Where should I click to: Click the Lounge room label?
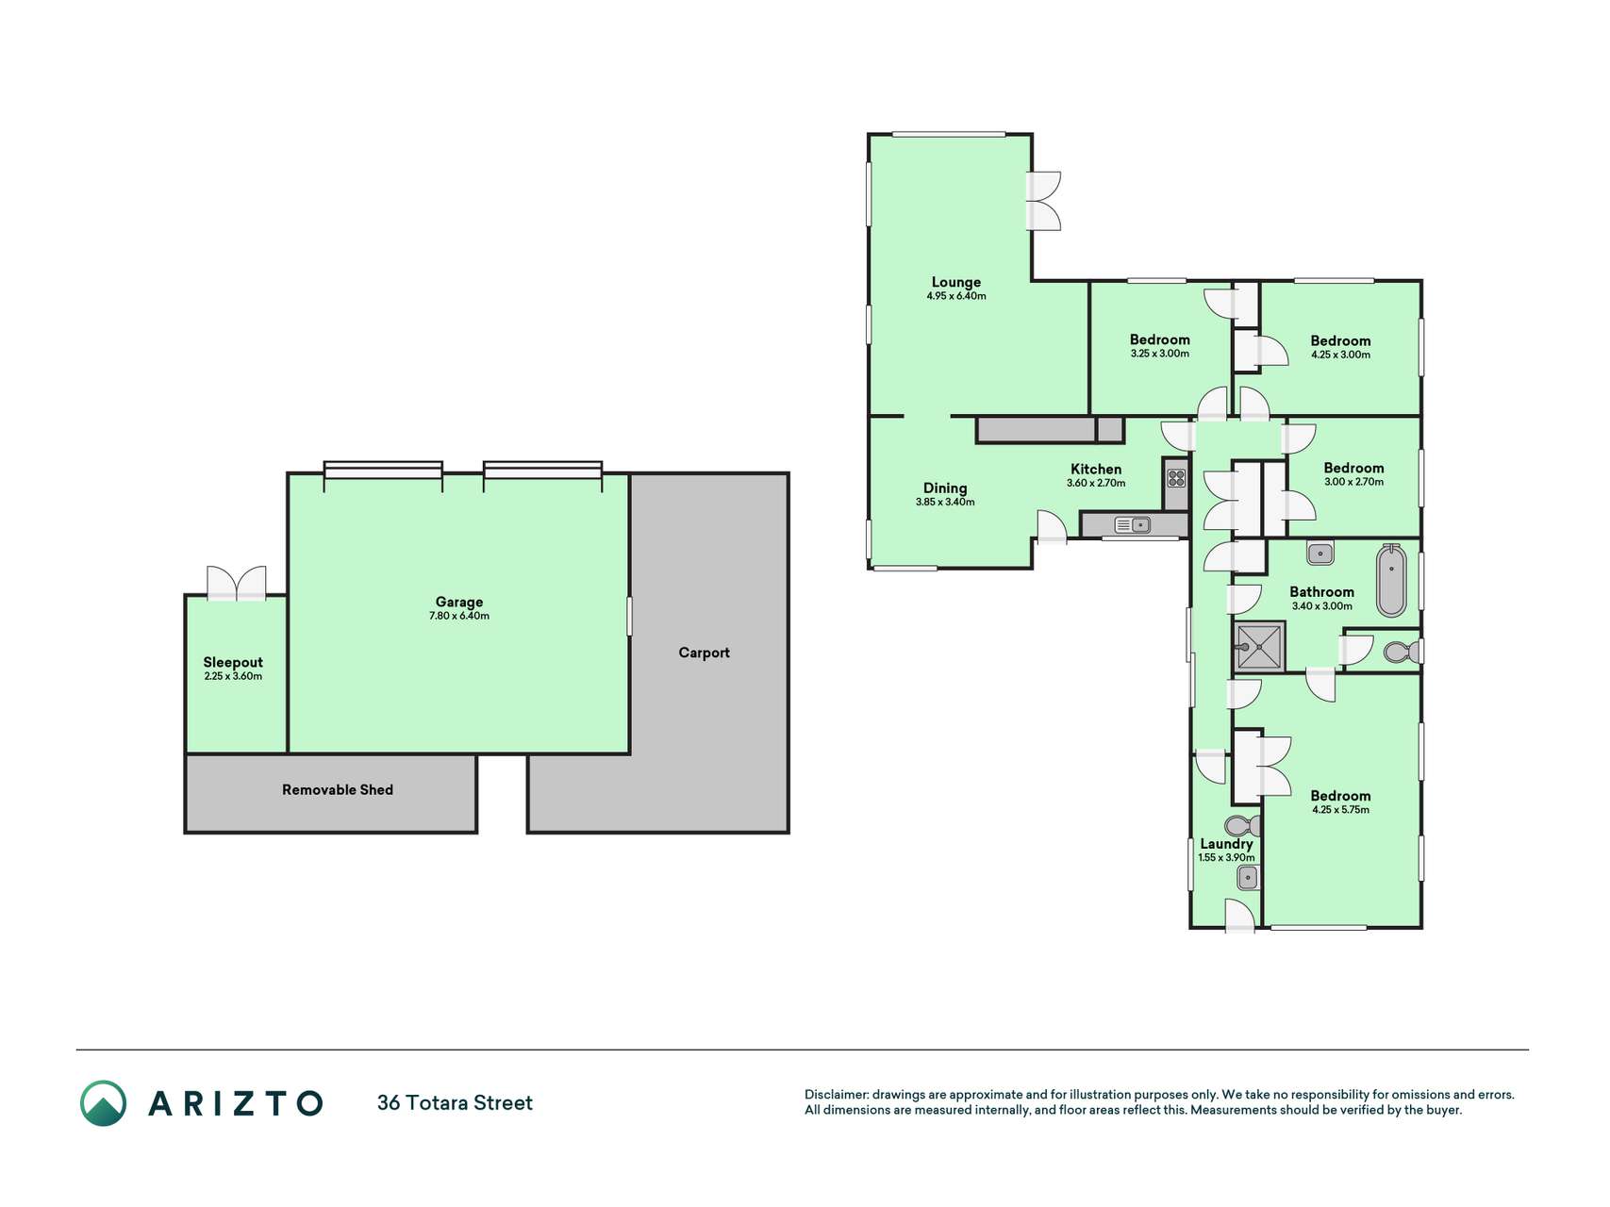coord(955,282)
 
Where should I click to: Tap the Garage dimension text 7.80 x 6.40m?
coord(459,616)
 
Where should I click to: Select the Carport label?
coord(704,653)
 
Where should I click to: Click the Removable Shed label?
coord(338,790)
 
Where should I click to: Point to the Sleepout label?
coord(233,663)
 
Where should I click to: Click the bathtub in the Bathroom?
coord(1391,580)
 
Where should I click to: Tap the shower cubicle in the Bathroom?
coord(1258,647)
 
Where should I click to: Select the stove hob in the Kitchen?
coord(1176,477)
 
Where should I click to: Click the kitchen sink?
coord(1132,524)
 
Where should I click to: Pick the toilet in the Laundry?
coord(1244,826)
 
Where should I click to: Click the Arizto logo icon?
coord(103,1103)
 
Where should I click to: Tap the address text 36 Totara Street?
coord(455,1103)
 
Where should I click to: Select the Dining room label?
coord(944,488)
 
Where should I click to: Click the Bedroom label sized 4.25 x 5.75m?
coord(1340,796)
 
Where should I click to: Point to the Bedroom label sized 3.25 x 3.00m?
coord(1159,339)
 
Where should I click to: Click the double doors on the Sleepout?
coord(237,585)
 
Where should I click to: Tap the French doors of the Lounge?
coord(1044,201)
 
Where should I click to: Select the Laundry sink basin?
coord(1247,879)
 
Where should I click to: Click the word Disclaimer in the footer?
coord(836,1095)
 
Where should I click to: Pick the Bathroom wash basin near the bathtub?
coord(1320,553)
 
